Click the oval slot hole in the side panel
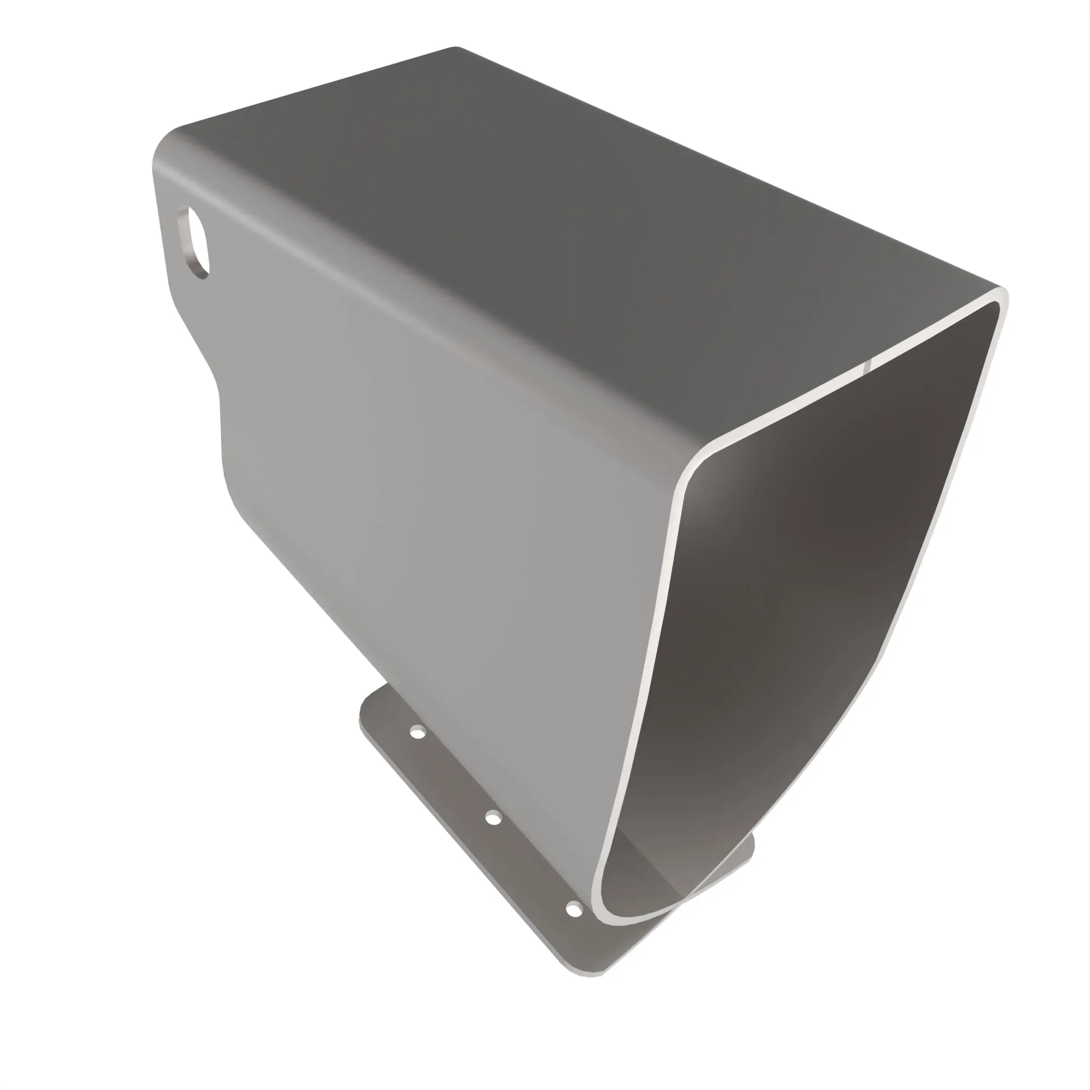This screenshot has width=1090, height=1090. coord(194,241)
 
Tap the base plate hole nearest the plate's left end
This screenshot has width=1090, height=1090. coord(417,733)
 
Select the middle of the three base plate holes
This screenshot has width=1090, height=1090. coord(493,818)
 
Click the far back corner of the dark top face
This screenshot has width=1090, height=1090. coord(456,49)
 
